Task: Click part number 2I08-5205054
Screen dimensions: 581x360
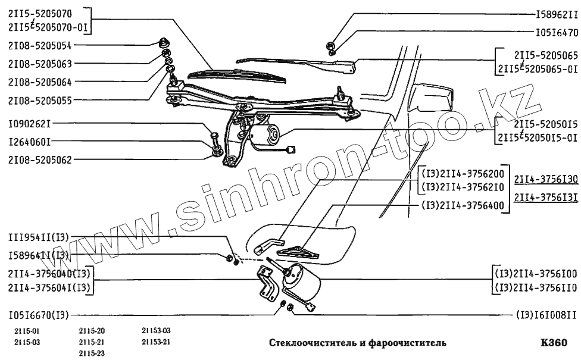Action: [40, 45]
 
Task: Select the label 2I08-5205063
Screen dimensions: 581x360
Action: [40, 63]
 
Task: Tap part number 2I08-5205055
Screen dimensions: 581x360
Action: [40, 101]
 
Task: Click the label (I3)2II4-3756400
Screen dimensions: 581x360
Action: [463, 206]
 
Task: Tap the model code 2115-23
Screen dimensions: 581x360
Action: [92, 353]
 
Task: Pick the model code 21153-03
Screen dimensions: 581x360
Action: [156, 330]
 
